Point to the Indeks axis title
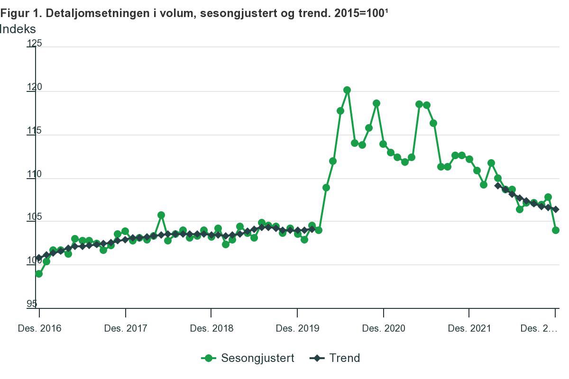(x=18, y=29)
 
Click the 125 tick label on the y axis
(x=34, y=44)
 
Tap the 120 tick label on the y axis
(x=34, y=88)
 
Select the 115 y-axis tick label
(x=34, y=131)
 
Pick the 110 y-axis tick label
(x=34, y=175)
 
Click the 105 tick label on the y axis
(x=34, y=218)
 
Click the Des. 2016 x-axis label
(x=39, y=328)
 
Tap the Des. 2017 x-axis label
(x=126, y=328)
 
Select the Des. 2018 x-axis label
(x=211, y=328)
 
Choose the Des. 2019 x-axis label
(x=297, y=328)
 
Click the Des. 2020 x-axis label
(x=384, y=328)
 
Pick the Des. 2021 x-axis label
(x=469, y=328)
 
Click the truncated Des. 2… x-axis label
(x=539, y=328)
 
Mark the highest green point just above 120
(x=347, y=90)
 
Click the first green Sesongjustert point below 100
(x=39, y=274)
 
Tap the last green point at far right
(x=556, y=230)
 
